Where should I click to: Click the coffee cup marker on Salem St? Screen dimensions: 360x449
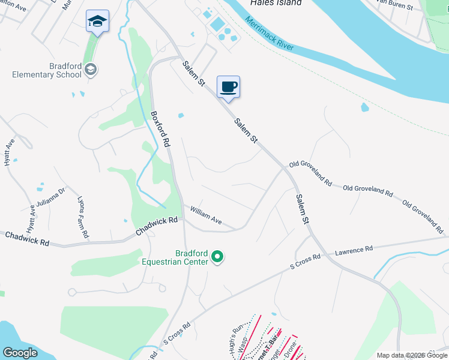click(228, 88)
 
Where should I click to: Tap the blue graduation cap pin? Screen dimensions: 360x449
click(97, 22)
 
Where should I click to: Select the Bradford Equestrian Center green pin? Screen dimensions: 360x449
click(218, 258)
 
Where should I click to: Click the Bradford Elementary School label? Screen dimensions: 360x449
click(47, 70)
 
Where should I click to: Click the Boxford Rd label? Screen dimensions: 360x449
click(161, 128)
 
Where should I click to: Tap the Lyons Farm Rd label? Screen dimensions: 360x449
click(83, 217)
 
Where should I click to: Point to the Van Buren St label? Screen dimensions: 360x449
click(395, 5)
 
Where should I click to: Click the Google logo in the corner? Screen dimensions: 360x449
click(20, 352)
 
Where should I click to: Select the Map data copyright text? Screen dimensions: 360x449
click(412, 355)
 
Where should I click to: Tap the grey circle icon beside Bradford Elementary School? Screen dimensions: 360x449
click(91, 70)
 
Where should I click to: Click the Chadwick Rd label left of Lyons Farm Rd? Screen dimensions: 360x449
click(27, 239)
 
